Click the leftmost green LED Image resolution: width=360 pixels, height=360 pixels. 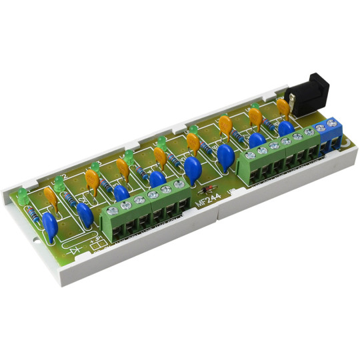[x=23, y=196]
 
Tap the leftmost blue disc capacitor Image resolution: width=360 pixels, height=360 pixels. [x=49, y=223]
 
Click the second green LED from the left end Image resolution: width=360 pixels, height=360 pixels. [x=58, y=179]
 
